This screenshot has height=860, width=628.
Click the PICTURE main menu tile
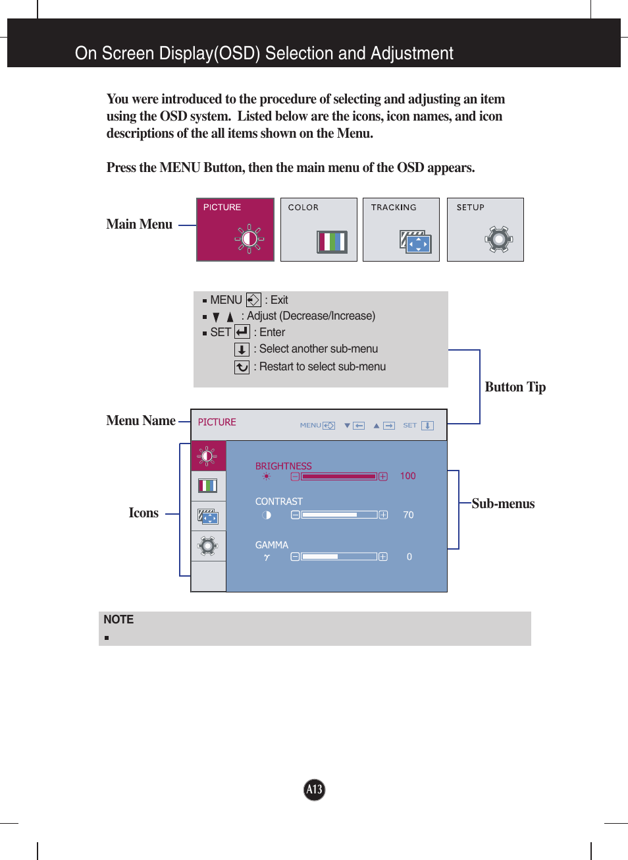[x=235, y=229]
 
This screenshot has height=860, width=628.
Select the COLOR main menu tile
[x=319, y=229]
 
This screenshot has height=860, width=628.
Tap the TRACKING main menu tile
[x=401, y=229]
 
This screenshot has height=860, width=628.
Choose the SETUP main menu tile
[x=485, y=229]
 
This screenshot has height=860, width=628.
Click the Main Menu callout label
[x=140, y=225]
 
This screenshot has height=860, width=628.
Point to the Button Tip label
[x=515, y=387]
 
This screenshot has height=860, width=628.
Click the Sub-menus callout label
[x=503, y=504]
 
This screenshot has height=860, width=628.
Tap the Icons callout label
[x=144, y=513]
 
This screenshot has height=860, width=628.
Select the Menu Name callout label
[x=141, y=421]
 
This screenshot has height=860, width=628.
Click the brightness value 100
[x=407, y=476]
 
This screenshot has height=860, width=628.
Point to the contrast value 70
[x=408, y=515]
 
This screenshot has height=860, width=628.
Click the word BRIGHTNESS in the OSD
[x=283, y=466]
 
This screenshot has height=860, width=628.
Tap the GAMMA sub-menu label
[x=271, y=545]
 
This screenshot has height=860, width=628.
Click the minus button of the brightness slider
[x=295, y=476]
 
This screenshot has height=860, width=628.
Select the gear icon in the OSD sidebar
[x=208, y=546]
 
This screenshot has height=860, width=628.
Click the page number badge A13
[x=314, y=789]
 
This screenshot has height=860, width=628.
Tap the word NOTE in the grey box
[x=118, y=619]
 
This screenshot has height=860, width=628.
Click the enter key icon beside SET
[x=242, y=332]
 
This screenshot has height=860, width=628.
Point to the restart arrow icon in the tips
[x=242, y=367]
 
